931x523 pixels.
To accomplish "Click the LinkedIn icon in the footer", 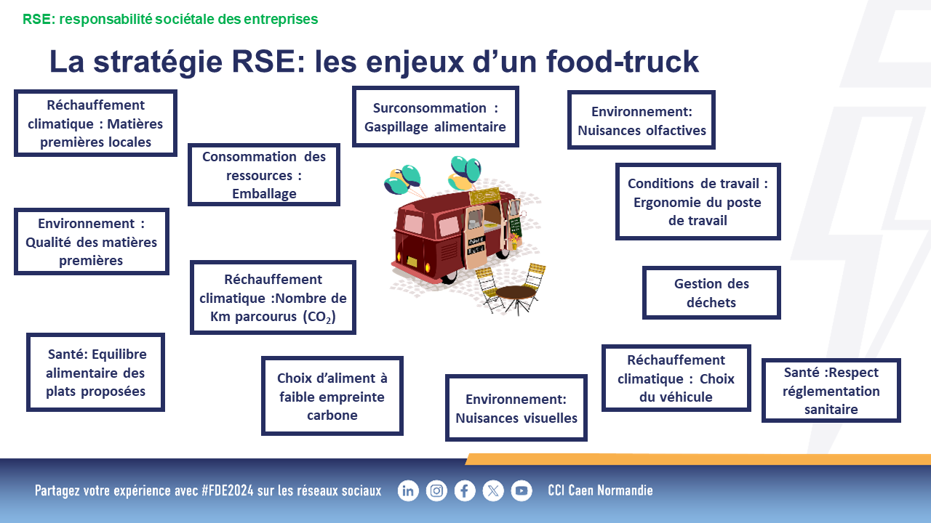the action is [408, 491].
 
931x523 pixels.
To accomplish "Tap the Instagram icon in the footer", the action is [436, 491].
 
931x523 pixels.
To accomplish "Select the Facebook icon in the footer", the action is [465, 491].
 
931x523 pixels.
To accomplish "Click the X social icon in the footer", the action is [493, 491].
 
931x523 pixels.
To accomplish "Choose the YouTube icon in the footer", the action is [522, 491].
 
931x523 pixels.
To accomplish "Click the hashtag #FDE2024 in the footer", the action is [228, 490].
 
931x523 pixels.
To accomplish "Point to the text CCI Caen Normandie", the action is [600, 490].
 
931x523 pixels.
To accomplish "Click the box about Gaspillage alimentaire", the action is [435, 117].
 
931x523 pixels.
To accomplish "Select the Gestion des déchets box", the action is [711, 293].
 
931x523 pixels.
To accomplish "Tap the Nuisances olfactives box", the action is [642, 120].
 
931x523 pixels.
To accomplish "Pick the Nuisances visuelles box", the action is [516, 408].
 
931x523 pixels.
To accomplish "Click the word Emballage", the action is [264, 194].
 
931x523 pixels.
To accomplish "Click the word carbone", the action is [332, 415].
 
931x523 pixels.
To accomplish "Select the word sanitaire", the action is [831, 410].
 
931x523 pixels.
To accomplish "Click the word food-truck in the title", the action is [622, 62].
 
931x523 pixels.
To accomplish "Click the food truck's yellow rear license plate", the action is [412, 262].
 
